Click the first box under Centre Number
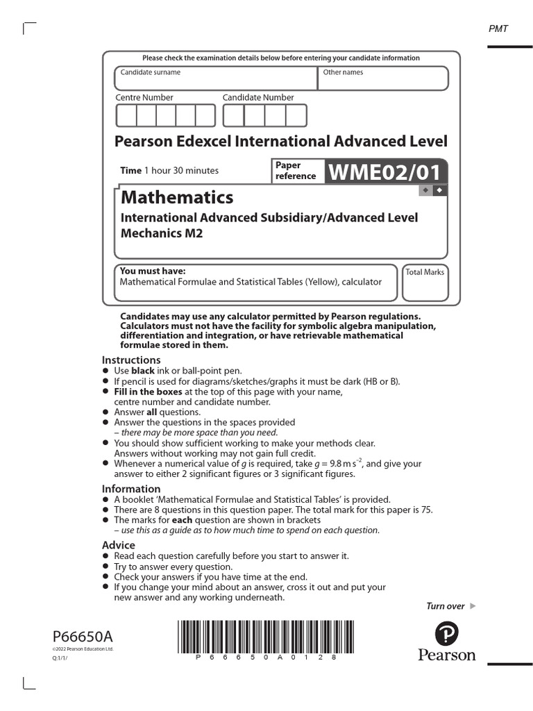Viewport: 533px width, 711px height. tap(126, 115)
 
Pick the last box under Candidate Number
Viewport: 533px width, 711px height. tap(296, 115)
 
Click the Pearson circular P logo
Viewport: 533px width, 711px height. tap(447, 633)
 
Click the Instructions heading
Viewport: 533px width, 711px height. tap(131, 360)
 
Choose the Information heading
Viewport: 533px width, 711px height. tap(131, 489)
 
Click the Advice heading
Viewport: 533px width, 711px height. tap(119, 545)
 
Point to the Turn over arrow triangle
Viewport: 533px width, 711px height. tap(473, 606)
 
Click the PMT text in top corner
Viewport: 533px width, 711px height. tap(498, 28)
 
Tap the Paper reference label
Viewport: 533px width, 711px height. tap(295, 171)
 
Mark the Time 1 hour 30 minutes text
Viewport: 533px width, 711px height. tap(169, 170)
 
